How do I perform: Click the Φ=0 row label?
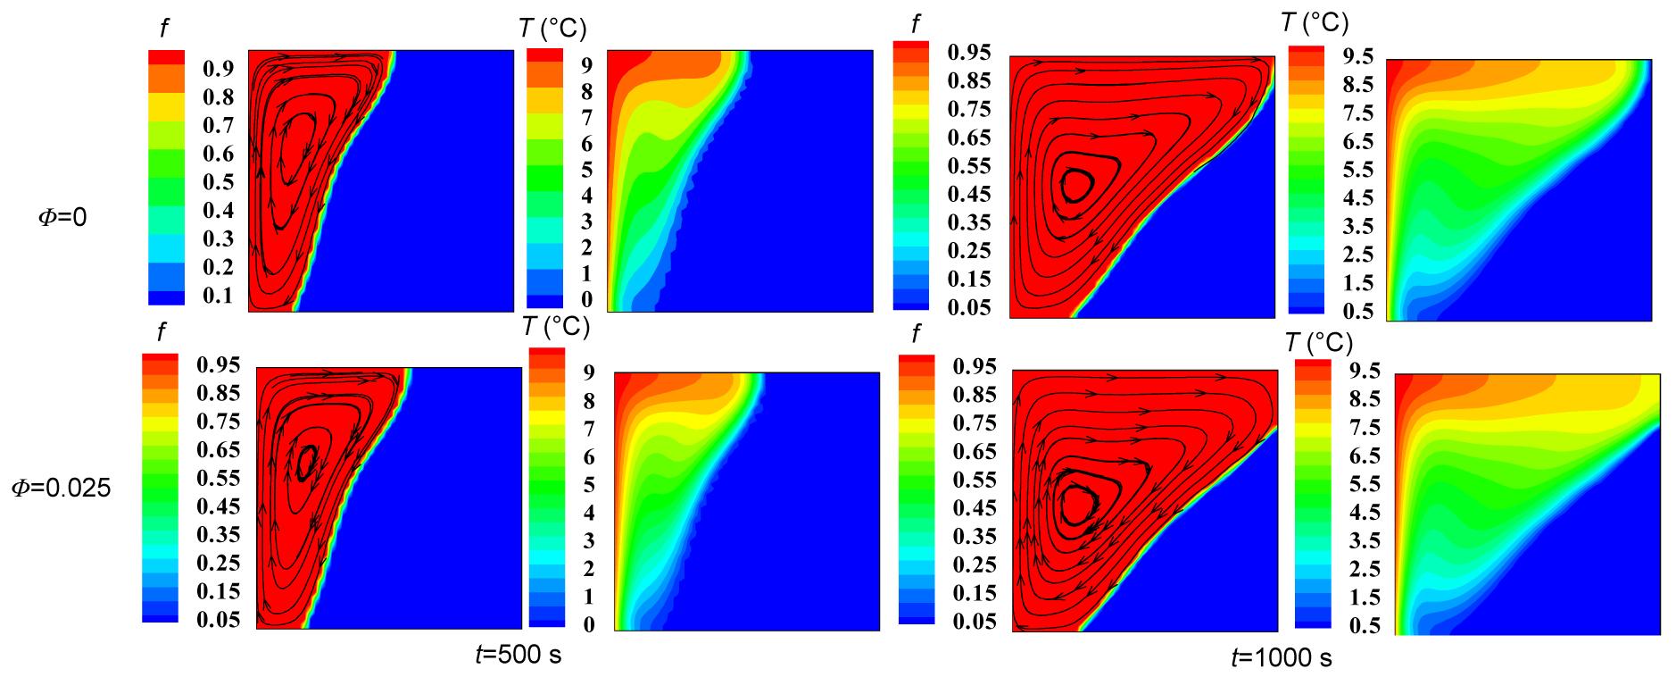point(62,217)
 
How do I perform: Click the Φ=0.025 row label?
point(61,489)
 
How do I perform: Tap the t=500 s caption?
point(518,655)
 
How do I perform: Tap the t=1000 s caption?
point(1281,658)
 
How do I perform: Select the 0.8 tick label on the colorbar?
point(218,96)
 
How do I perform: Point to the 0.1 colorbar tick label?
point(218,296)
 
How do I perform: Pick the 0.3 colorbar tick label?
point(218,238)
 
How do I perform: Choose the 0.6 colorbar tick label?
point(218,154)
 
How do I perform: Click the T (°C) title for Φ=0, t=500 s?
point(552,29)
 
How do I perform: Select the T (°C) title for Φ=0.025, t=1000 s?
point(1319,342)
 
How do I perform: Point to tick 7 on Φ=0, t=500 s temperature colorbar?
point(586,118)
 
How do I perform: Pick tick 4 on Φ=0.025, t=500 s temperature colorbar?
point(588,513)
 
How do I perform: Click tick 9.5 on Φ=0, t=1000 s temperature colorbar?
point(1357,56)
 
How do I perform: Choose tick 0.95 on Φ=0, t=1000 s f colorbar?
point(969,52)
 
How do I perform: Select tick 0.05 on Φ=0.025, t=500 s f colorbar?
point(219,620)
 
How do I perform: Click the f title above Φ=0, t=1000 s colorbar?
point(915,23)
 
